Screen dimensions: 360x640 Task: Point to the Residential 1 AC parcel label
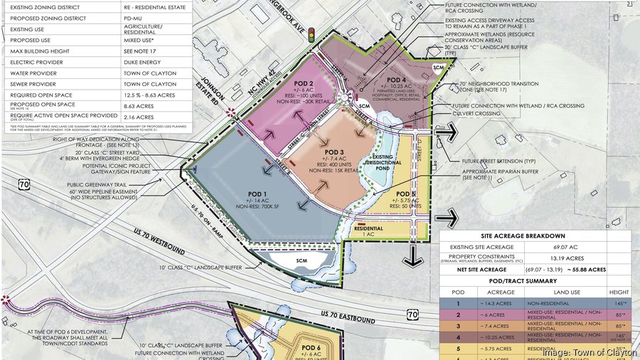point(369,231)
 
